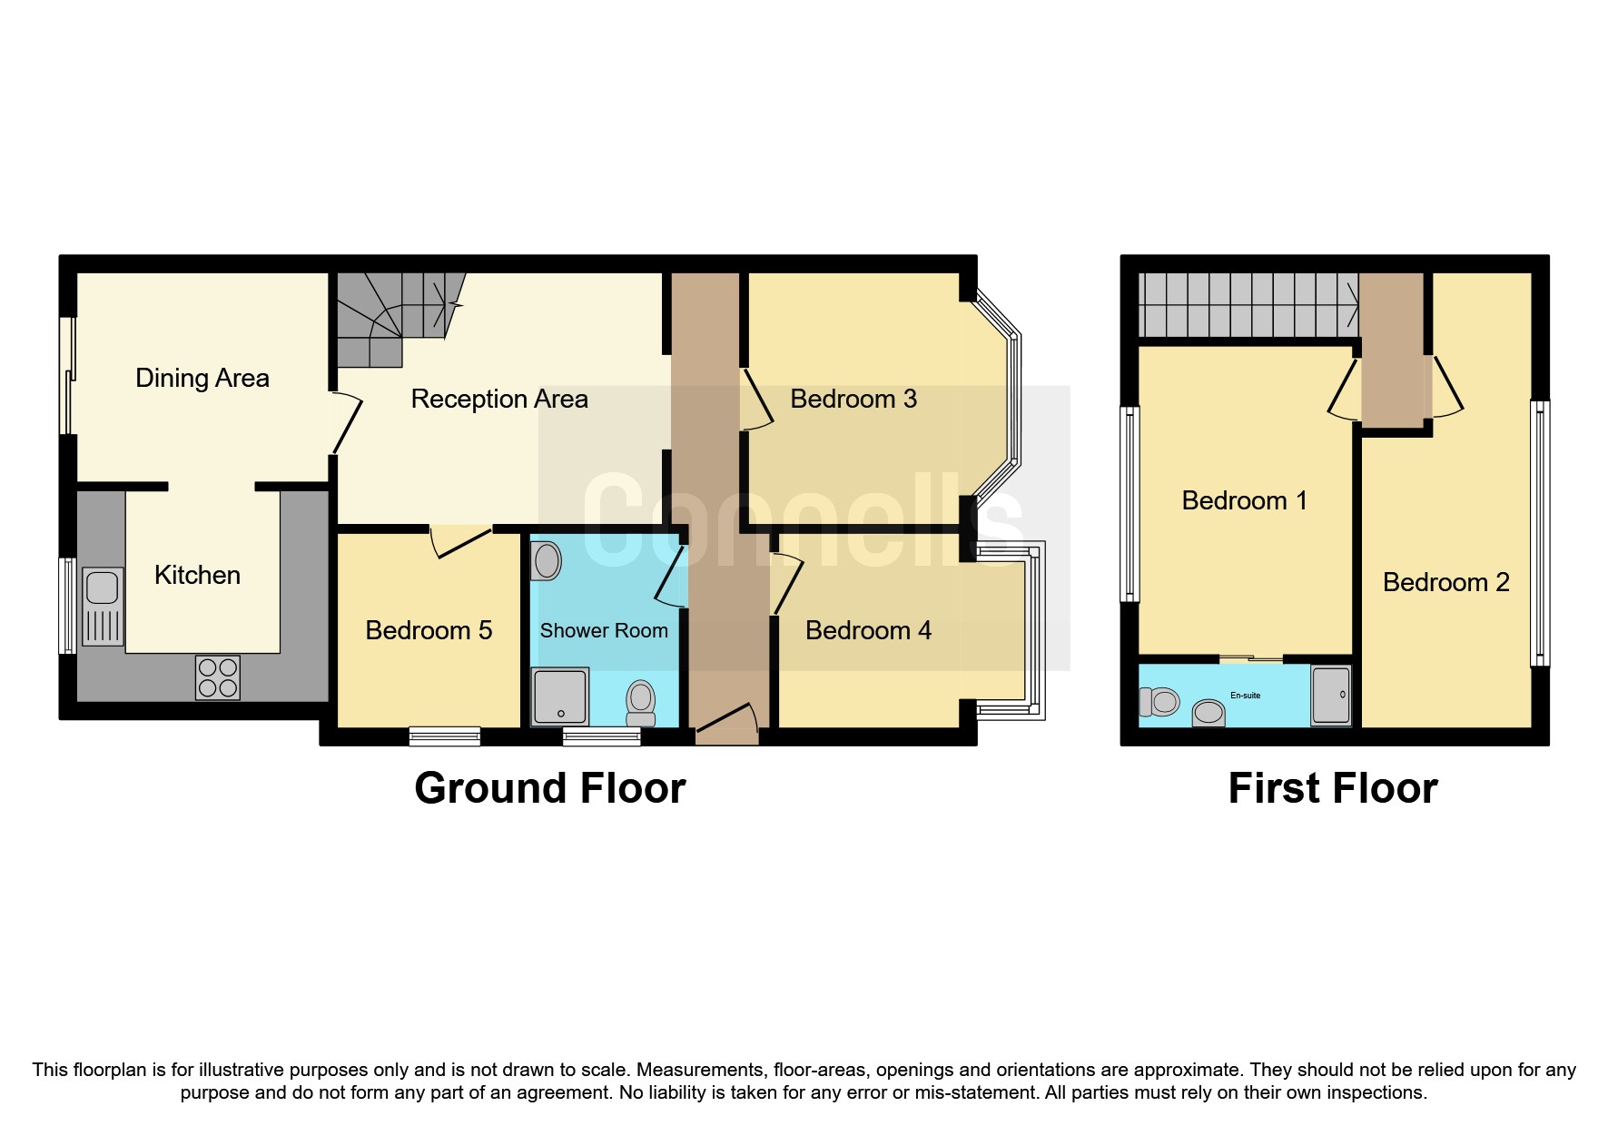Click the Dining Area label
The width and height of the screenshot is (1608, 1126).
click(202, 378)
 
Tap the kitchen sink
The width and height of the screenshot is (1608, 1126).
click(103, 606)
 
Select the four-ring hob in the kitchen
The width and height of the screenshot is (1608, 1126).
click(218, 677)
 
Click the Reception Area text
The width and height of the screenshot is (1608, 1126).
click(498, 399)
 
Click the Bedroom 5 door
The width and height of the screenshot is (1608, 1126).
click(461, 541)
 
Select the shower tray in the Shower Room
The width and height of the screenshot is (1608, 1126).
click(559, 696)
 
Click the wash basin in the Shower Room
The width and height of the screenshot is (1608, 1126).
click(547, 560)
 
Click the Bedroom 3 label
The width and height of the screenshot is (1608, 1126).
click(853, 399)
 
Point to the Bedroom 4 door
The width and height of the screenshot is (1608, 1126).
click(786, 583)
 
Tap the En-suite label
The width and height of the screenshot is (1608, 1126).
click(1245, 696)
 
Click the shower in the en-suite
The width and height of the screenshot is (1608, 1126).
click(1331, 696)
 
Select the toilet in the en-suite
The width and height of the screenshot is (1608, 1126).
click(1160, 701)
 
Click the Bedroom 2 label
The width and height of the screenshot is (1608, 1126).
click(1445, 582)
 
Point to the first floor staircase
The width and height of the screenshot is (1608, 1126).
click(1248, 305)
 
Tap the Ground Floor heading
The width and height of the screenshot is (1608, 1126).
click(549, 788)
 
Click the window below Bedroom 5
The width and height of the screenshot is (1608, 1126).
click(445, 736)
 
